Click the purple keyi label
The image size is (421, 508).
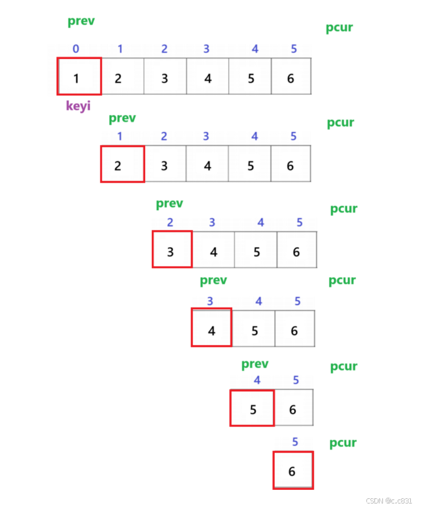click(79, 106)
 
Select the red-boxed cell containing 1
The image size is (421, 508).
click(79, 76)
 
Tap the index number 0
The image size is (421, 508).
click(76, 49)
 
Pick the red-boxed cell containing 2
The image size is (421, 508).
click(122, 164)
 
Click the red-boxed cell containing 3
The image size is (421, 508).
click(172, 249)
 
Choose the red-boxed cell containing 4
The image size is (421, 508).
click(212, 328)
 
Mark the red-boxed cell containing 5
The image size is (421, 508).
click(252, 408)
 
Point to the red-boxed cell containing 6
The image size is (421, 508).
click(292, 470)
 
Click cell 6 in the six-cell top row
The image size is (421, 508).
click(291, 77)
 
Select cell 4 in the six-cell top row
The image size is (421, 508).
click(208, 77)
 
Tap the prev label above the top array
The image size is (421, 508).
click(81, 22)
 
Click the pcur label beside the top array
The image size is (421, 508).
click(340, 28)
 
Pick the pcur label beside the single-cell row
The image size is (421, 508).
click(343, 442)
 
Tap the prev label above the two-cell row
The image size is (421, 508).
click(255, 364)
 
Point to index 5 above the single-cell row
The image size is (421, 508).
click(295, 441)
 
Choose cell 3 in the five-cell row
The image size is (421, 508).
click(164, 165)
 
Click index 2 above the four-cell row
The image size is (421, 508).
click(170, 223)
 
